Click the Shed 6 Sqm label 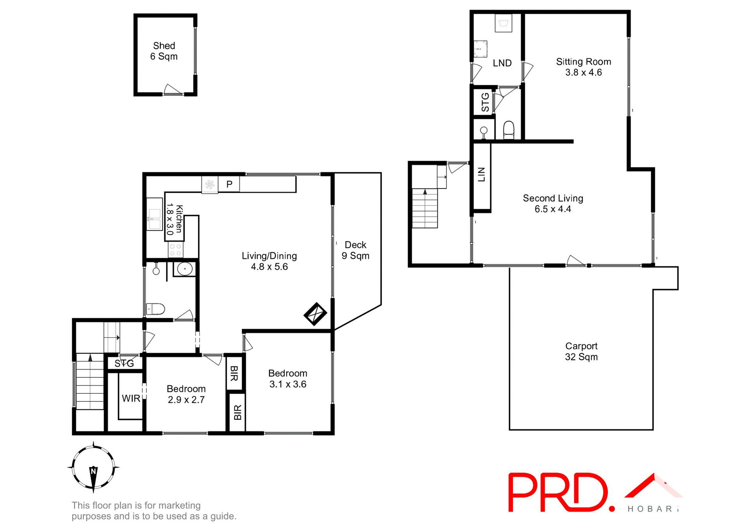pos(164,51)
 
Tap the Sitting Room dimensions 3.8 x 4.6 pos(583,72)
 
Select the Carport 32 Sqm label pos(581,351)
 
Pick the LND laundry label pos(502,63)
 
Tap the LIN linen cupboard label pos(482,174)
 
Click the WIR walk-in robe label pos(131,398)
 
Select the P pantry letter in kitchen pos(230,184)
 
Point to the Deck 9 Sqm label pos(355,250)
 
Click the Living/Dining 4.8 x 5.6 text pos(269,261)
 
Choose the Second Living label pos(553,198)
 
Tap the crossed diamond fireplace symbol pos(315,314)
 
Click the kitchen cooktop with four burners pos(176,250)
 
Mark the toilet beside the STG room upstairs pos(508,130)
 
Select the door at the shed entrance pos(173,90)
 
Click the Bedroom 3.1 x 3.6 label pos(287,379)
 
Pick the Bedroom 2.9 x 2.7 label pos(186,394)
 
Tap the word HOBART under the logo pos(654,509)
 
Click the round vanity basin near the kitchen pos(185,269)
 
